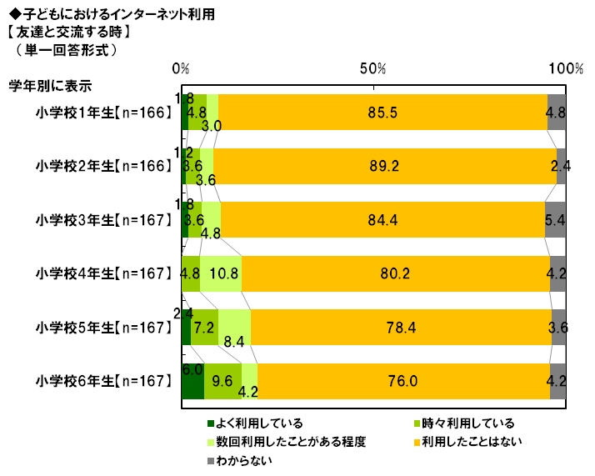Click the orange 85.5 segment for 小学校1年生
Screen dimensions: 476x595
[382, 112]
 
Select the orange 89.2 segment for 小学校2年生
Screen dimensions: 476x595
[384, 166]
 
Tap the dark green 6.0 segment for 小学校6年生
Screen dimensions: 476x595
[192, 382]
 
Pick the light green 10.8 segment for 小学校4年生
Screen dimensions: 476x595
[220, 273]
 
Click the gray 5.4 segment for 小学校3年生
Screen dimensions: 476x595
[556, 220]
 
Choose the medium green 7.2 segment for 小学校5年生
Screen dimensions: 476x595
[204, 328]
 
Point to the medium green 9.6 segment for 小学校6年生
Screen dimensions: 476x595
[222, 382]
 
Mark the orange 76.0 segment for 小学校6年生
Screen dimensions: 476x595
[403, 382]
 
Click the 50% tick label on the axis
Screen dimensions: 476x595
[373, 68]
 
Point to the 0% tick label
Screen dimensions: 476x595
[181, 68]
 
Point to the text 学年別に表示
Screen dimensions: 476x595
[49, 84]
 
